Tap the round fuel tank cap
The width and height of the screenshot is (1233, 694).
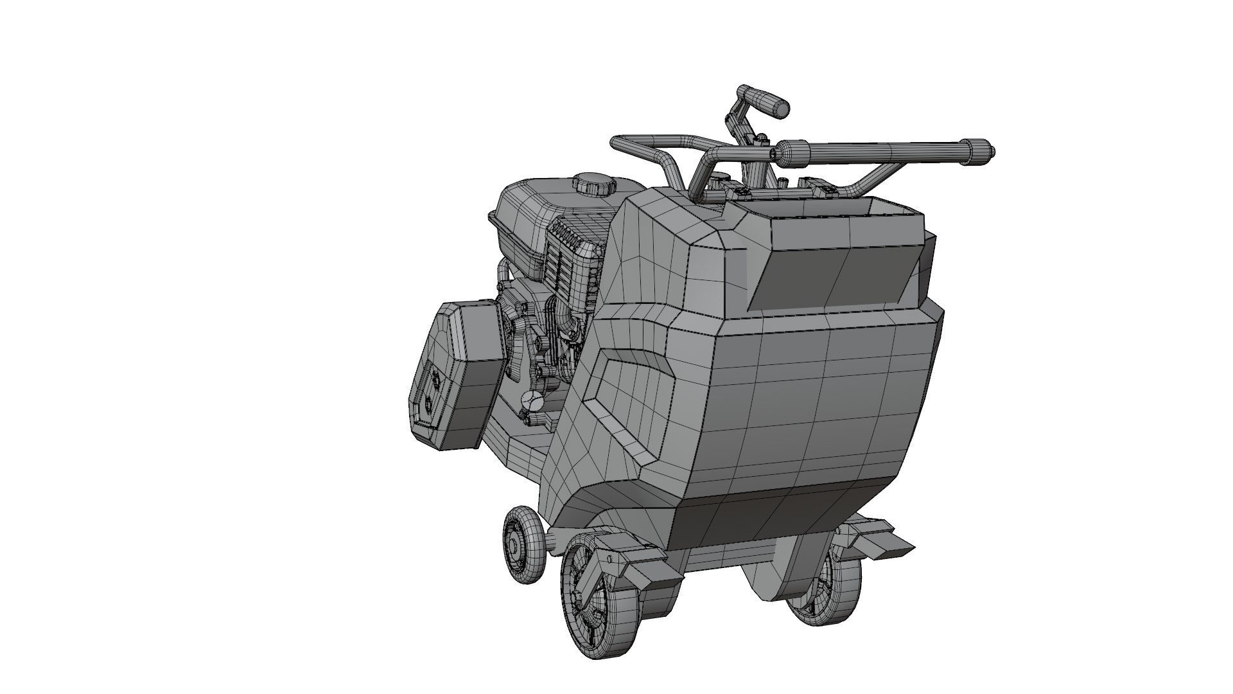click(593, 184)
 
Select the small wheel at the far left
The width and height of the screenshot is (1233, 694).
click(524, 544)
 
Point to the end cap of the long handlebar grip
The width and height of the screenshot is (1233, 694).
click(981, 149)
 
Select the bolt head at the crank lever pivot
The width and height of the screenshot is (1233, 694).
click(762, 137)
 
